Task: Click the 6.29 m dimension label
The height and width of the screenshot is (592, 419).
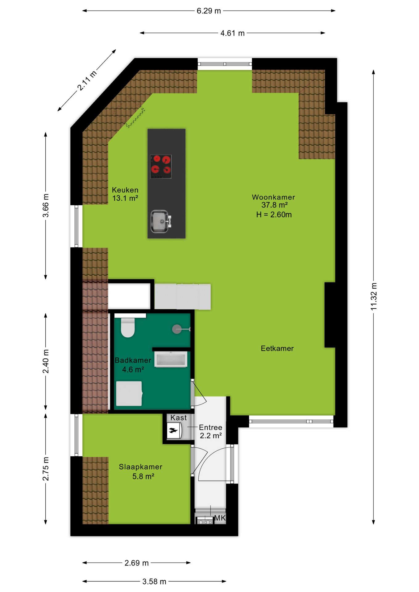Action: [209, 11]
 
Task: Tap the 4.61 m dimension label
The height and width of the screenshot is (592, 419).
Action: [232, 33]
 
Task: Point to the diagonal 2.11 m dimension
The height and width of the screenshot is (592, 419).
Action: [87, 80]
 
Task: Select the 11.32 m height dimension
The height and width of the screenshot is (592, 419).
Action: [374, 296]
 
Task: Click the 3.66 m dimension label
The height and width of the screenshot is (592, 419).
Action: [46, 205]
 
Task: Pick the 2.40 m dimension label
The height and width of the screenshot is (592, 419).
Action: [46, 361]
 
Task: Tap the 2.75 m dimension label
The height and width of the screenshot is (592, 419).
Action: [46, 469]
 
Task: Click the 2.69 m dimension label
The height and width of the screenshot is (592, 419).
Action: [136, 563]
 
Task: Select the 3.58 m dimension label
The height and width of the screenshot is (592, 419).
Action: [154, 581]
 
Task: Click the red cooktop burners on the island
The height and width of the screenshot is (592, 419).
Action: [161, 166]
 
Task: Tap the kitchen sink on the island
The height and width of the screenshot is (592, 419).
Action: [160, 221]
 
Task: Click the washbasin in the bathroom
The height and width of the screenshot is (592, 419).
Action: [171, 360]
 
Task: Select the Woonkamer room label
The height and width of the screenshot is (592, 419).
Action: [273, 197]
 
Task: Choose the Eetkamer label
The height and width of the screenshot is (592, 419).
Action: [277, 348]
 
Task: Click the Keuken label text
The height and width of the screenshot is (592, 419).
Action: [125, 190]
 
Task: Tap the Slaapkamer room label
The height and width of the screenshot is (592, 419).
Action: [140, 467]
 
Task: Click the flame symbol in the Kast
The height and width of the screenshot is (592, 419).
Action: [173, 430]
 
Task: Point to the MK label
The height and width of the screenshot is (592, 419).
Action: [220, 518]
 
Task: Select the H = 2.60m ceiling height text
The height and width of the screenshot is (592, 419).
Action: [274, 215]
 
